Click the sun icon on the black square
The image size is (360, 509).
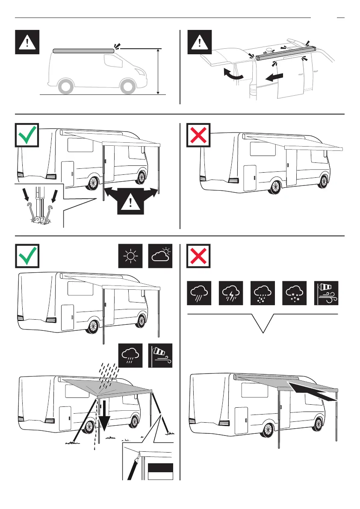point(130,256)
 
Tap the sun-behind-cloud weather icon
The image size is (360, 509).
point(160,256)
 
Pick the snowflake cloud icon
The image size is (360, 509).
point(295,292)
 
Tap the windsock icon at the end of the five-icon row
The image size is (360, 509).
point(326,292)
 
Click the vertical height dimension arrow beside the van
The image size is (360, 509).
point(158,71)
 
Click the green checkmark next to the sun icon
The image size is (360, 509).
point(27,256)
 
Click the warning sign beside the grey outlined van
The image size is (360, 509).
point(27,42)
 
